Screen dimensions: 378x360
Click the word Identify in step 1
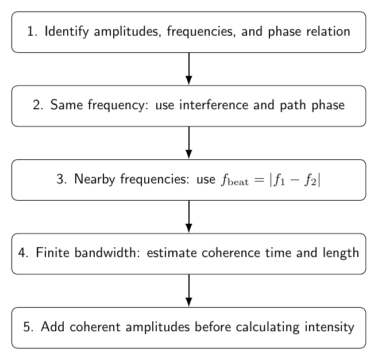point(67,32)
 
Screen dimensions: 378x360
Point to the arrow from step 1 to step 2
point(189,69)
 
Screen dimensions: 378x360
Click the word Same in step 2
point(67,105)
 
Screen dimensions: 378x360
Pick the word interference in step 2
point(213,105)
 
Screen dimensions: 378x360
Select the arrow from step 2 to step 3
point(189,143)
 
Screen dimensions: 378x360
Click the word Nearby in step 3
point(94,179)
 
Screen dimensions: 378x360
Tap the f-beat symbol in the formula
point(234,180)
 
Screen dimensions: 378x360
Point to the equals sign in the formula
point(259,179)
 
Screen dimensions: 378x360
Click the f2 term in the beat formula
point(310,180)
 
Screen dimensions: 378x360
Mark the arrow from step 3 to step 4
point(189,217)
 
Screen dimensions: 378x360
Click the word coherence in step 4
point(231,252)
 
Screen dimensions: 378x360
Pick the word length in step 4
point(341,253)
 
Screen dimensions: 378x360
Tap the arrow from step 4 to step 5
point(189,290)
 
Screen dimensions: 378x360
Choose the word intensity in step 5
point(329,327)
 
